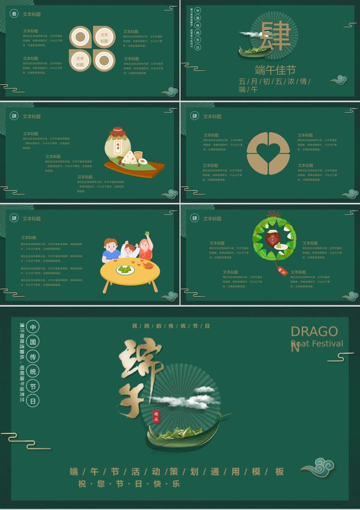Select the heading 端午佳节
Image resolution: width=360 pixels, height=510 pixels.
click(x=275, y=70)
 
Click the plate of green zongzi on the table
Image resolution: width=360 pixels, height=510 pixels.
click(x=125, y=270)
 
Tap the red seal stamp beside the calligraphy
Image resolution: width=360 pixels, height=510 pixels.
click(x=155, y=415)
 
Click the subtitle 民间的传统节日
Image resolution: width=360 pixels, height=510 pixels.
click(x=171, y=326)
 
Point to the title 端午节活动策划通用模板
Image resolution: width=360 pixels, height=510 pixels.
click(x=177, y=472)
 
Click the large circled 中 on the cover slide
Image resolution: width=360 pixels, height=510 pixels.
click(x=33, y=327)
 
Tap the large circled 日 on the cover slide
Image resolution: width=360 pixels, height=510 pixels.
click(x=33, y=402)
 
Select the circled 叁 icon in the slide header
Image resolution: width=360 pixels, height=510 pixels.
click(x=14, y=14)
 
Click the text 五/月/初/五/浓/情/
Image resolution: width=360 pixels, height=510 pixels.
click(x=275, y=81)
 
